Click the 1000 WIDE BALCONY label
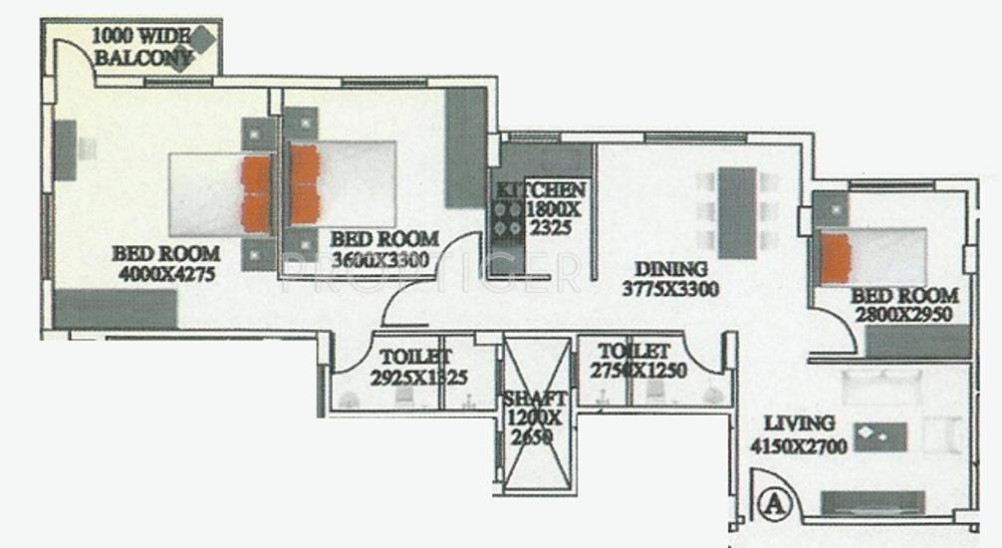coord(140,47)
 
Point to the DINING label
coord(670,269)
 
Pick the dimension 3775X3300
coord(670,290)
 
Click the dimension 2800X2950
coord(904,315)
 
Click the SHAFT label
coord(536,399)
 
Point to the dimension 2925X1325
coord(418,377)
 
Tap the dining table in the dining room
coord(737,212)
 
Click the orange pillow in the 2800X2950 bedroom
coord(836,257)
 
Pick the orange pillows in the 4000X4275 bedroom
coord(256,193)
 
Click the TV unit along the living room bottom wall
coord(871,501)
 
